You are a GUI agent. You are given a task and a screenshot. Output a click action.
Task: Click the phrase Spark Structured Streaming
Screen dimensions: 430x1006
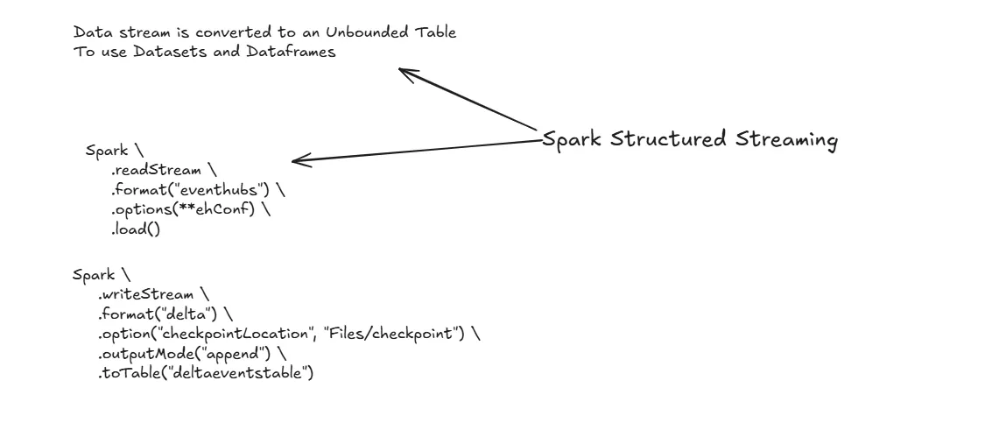click(690, 140)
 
